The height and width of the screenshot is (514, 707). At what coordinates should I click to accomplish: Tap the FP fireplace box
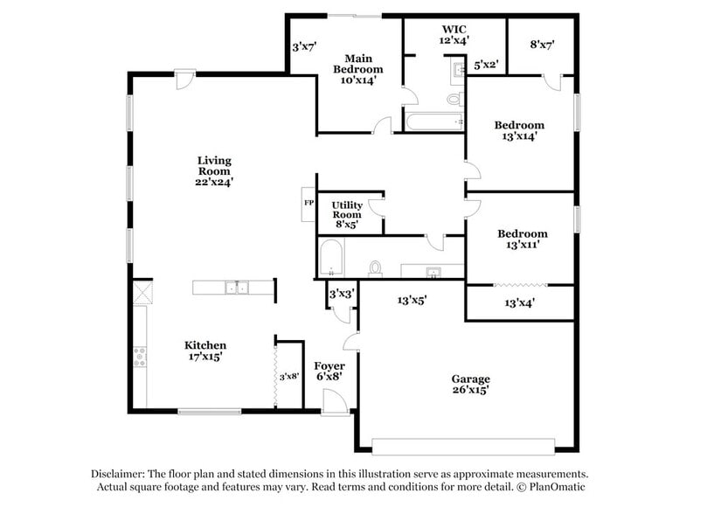click(308, 203)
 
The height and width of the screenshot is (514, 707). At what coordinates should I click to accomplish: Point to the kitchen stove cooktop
click(139, 356)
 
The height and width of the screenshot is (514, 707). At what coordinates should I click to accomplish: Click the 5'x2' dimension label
click(486, 65)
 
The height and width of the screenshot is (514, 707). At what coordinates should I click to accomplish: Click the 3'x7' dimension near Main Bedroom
click(303, 45)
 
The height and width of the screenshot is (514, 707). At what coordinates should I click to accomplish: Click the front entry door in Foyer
click(336, 403)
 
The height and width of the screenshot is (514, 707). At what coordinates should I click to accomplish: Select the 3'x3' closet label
click(341, 295)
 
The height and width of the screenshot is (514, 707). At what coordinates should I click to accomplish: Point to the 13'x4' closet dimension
click(520, 303)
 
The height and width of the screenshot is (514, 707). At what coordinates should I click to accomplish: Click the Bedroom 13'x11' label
click(523, 240)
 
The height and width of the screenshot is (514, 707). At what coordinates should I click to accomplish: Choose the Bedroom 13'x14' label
click(519, 130)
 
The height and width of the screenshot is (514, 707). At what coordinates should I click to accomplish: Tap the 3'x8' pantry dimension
click(289, 376)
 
